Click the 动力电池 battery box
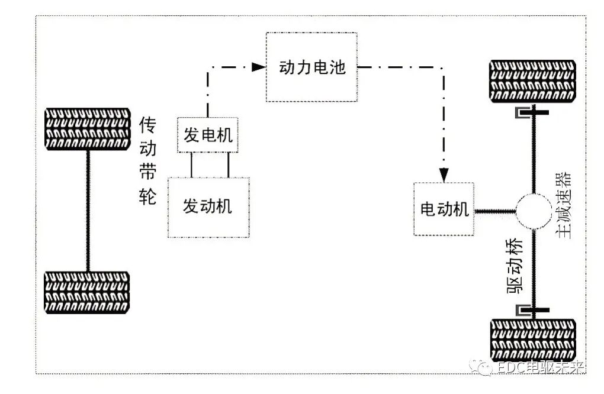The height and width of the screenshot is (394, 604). pos(312,67)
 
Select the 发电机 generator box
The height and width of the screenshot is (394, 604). pos(208,135)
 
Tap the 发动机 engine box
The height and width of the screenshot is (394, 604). pos(208,206)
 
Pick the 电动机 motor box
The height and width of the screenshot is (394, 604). pos(444,209)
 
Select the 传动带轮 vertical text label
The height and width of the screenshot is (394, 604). pos(147,160)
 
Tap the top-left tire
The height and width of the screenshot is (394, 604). pos(88,129)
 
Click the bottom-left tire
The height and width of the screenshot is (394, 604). pos(88,292)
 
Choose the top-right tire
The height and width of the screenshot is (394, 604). pos(532,81)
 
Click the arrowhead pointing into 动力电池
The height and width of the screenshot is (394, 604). pos(258,67)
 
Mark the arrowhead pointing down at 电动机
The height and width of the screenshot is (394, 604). pos(444,175)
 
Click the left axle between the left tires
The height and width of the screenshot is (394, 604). pos(88,210)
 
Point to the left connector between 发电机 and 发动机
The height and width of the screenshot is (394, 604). pos(191,164)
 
